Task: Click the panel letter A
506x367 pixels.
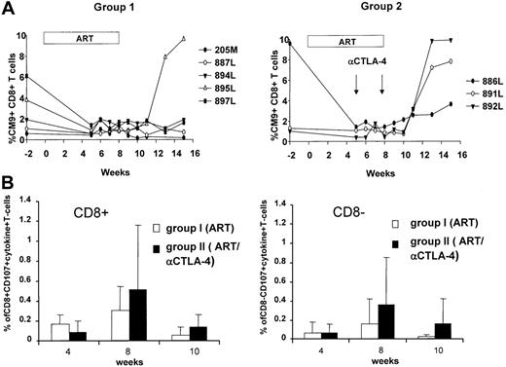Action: coord(8,8)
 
